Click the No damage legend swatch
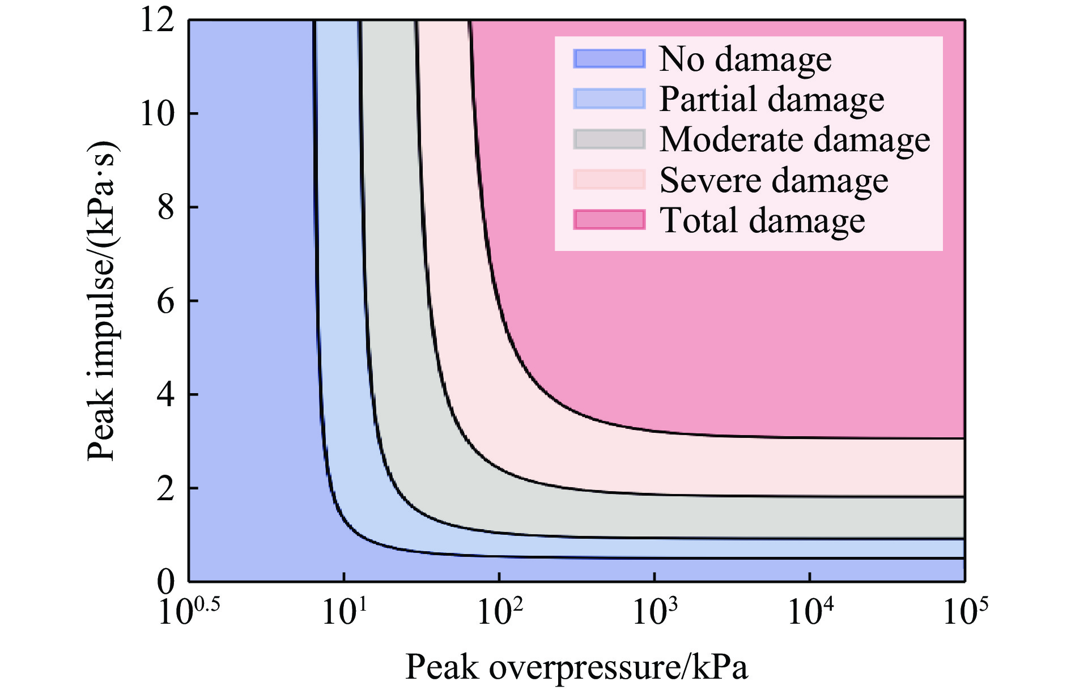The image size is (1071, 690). pyautogui.click(x=609, y=59)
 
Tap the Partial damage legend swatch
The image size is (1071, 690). pyautogui.click(x=609, y=99)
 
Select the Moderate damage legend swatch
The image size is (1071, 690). pyautogui.click(x=609, y=139)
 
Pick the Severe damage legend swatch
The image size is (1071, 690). pyautogui.click(x=609, y=180)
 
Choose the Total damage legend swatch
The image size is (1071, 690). pyautogui.click(x=609, y=220)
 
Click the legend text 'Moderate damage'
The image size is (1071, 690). pyautogui.click(x=794, y=139)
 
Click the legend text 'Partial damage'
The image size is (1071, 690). pyautogui.click(x=772, y=99)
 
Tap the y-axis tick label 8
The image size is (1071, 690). pyautogui.click(x=165, y=207)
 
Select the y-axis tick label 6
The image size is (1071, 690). pyautogui.click(x=165, y=301)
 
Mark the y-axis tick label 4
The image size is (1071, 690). pyautogui.click(x=165, y=394)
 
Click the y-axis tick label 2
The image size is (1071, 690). pyautogui.click(x=165, y=488)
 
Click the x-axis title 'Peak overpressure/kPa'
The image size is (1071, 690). pyautogui.click(x=576, y=667)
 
